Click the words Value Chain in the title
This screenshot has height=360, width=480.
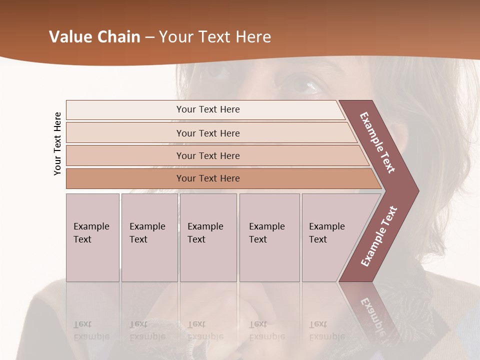[94, 37]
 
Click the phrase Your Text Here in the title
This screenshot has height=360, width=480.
[215, 37]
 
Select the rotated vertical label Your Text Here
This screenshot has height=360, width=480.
[57, 144]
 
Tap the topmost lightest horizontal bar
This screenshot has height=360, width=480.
[208, 109]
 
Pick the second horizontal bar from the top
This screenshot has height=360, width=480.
[208, 133]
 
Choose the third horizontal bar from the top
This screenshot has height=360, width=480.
[208, 155]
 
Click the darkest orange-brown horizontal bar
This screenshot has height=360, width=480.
[208, 178]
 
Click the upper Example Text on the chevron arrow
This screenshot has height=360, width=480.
[377, 142]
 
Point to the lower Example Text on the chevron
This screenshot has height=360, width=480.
[379, 236]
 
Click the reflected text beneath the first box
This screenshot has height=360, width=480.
[91, 330]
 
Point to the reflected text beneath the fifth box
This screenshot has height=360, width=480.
[326, 330]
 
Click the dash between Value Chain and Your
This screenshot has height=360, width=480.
[149, 37]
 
